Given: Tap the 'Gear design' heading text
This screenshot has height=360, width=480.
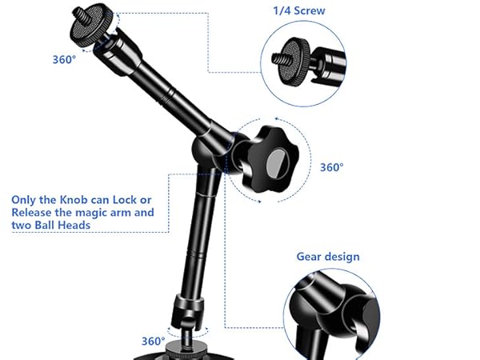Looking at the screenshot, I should [x=328, y=257].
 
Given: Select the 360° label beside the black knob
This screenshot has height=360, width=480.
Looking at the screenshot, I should [x=331, y=167].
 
